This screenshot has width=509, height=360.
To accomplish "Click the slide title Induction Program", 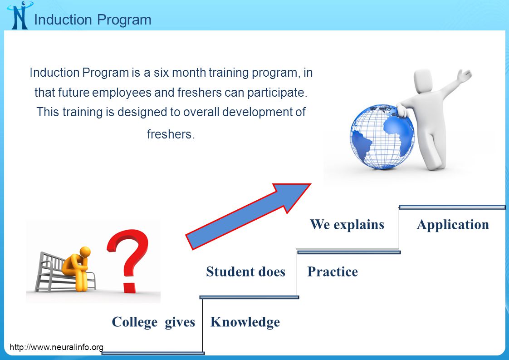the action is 93,20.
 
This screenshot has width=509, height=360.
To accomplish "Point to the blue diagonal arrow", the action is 248,217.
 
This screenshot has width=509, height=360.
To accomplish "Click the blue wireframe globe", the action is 382,137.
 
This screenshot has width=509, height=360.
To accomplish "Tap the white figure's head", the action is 424,81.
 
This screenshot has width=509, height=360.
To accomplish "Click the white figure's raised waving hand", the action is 464,75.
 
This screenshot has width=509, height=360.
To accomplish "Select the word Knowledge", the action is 245,322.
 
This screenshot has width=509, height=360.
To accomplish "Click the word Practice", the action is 333,271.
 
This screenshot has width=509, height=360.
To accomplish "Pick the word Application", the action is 453,225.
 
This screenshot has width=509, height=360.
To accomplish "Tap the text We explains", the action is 347,225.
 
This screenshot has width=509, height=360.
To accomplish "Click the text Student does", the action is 246,271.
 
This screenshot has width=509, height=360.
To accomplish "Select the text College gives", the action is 153,322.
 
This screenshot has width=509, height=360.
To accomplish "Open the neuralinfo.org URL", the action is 57,347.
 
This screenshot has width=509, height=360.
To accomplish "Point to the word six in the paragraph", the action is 160,73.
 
